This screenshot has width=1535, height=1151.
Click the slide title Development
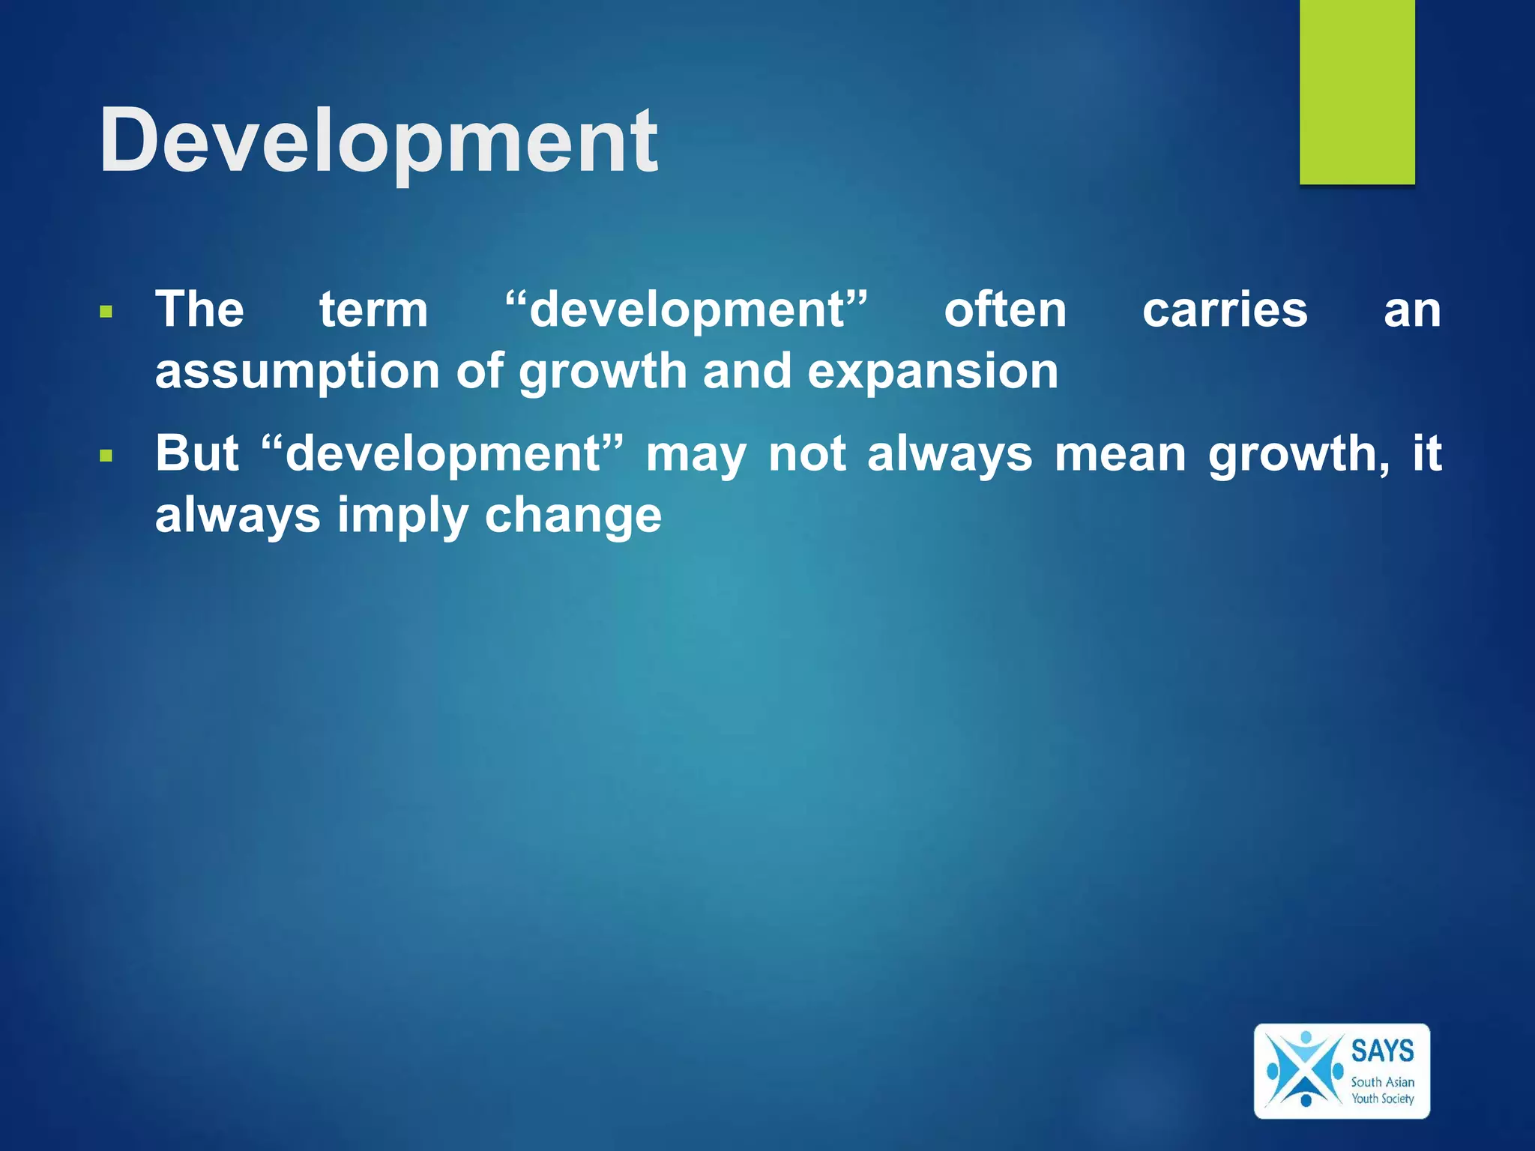click(379, 141)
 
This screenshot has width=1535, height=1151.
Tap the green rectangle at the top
click(1357, 91)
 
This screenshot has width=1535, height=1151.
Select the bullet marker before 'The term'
click(106, 311)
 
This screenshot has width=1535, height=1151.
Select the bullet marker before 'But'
click(106, 455)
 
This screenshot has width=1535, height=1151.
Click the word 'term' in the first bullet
click(373, 309)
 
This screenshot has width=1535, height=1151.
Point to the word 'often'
click(1004, 309)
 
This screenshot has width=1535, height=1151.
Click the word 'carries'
click(1225, 309)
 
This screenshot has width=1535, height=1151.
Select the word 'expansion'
click(932, 372)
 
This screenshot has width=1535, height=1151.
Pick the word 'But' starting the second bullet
click(197, 453)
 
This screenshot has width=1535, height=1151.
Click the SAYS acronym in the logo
click(1382, 1051)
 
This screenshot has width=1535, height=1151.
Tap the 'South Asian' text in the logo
click(1382, 1082)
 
